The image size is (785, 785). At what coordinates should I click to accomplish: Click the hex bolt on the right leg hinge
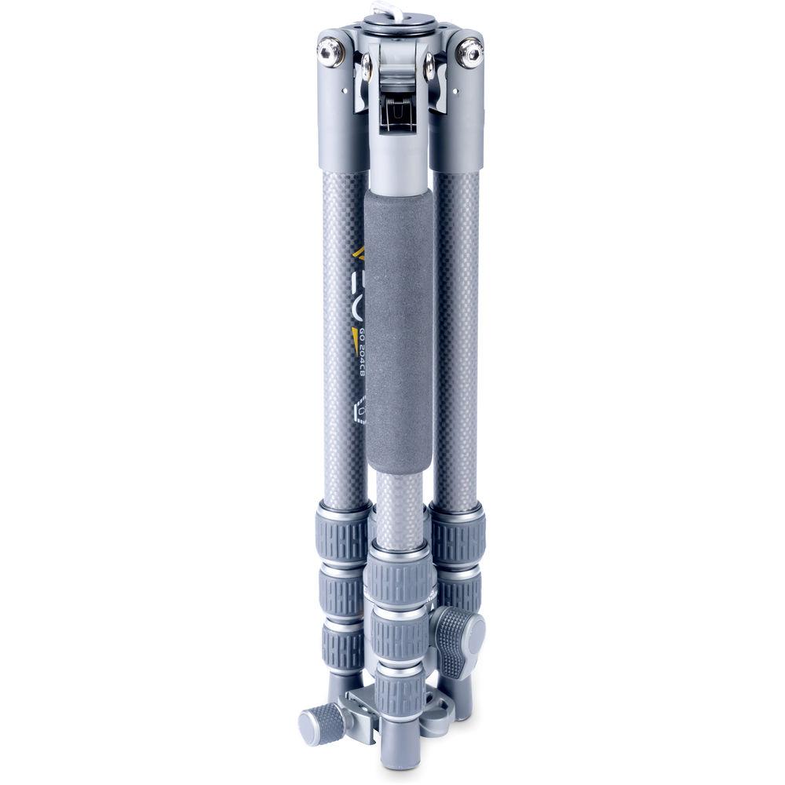pyautogui.click(x=469, y=53)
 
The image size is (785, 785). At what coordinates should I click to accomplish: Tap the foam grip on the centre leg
pyautogui.click(x=399, y=330)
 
